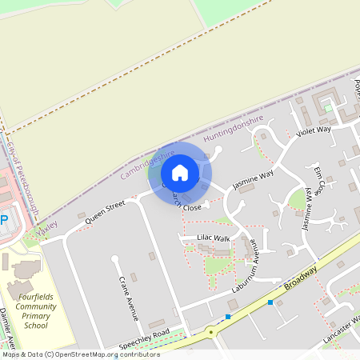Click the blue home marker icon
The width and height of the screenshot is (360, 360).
click(x=180, y=173)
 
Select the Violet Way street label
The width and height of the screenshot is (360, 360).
click(x=313, y=130)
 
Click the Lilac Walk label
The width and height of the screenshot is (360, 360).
click(x=214, y=238)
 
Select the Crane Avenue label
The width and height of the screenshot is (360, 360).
click(x=123, y=298)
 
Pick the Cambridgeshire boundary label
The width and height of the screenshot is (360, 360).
click(x=147, y=163)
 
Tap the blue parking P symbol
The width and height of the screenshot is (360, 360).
click(x=3, y=219)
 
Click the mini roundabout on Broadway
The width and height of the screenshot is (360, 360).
click(x=212, y=330)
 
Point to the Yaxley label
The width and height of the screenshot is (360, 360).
click(x=48, y=226)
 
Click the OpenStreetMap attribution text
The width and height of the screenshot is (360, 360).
click(x=80, y=354)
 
